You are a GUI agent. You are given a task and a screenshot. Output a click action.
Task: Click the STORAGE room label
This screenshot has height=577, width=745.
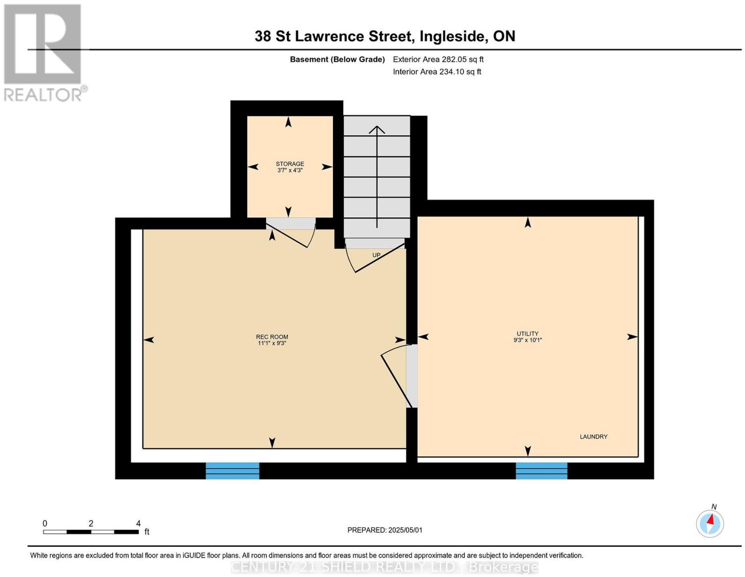click(290, 164)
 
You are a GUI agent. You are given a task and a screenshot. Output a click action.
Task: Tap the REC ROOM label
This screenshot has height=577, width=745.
click(272, 337)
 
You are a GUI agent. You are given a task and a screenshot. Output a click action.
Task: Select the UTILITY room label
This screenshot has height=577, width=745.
click(528, 333)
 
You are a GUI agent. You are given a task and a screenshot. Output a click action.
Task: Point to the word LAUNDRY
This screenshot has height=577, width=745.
click(594, 436)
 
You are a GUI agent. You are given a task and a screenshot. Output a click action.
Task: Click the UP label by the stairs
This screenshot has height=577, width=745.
click(376, 255)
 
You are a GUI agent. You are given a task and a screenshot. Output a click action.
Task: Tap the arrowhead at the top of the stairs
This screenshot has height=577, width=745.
click(377, 129)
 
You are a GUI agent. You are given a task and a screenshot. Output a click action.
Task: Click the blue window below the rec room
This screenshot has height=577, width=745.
click(232, 470)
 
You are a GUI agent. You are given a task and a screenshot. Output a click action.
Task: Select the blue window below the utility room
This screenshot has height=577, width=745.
click(542, 470)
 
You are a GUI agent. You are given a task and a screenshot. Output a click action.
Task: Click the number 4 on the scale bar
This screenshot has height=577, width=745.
click(138, 523)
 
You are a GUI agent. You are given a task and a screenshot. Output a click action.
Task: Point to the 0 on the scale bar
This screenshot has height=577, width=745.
click(45, 523)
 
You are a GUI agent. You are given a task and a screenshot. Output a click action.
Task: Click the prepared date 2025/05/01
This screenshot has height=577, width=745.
click(405, 530)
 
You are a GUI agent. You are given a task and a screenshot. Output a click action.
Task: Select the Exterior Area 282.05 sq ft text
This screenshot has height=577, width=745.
click(438, 59)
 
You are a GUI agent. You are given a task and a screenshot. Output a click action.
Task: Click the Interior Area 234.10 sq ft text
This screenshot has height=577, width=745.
click(437, 72)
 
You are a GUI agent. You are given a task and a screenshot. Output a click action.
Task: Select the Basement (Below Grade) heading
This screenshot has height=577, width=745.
click(338, 59)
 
